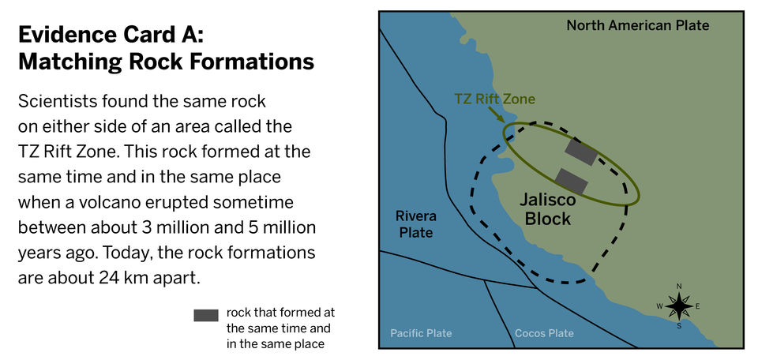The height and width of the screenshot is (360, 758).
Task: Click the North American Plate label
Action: [638, 25]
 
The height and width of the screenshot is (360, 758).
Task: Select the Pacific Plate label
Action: [421, 333]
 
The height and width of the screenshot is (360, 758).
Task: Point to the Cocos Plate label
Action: [544, 333]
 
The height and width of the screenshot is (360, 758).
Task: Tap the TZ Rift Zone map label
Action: [494, 99]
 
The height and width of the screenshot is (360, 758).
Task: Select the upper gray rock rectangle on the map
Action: [580, 152]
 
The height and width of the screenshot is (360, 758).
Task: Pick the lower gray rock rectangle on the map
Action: [571, 182]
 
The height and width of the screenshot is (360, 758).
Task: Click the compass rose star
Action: [679, 306]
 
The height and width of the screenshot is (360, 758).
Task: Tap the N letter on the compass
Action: [679, 286]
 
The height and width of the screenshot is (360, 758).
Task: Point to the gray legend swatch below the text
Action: [206, 316]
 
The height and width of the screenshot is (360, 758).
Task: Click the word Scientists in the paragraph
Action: [55, 102]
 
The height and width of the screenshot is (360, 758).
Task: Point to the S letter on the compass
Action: [679, 326]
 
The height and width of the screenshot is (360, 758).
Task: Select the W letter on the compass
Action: [659, 306]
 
